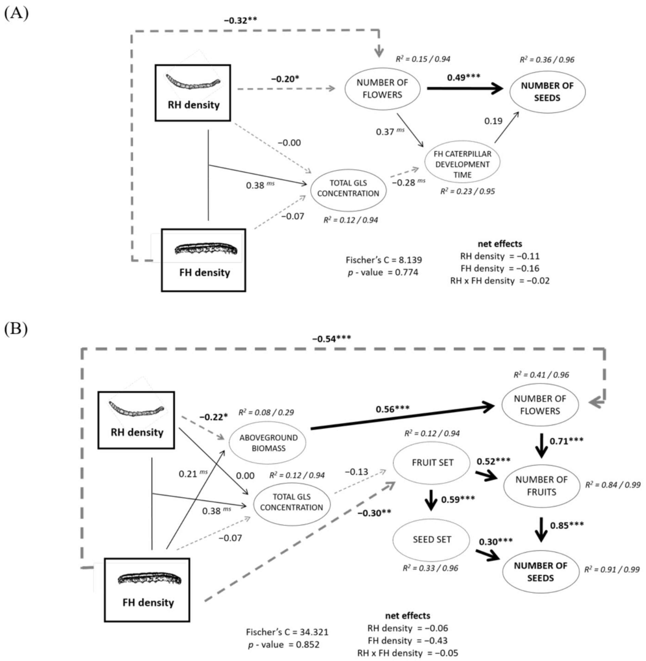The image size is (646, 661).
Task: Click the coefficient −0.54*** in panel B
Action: pos(331,339)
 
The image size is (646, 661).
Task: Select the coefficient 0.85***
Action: pos(567,525)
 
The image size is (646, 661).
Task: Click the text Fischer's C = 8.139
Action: pos(384,260)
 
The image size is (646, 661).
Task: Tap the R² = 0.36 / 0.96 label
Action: pos(547,60)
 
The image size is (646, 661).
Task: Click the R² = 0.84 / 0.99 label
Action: pos(613,484)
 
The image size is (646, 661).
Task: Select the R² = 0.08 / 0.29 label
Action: pos(266,412)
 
